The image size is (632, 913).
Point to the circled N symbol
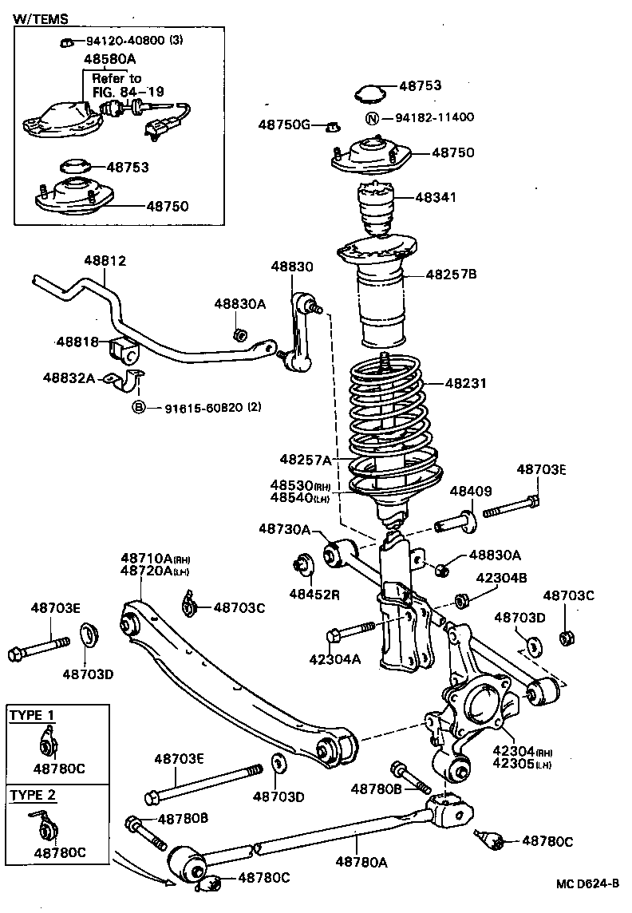coord(371,118)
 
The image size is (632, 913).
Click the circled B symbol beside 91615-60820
coord(138,408)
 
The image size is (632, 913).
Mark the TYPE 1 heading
coord(33,715)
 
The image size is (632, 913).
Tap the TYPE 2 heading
coord(33,795)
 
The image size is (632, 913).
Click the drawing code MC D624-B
coord(588,883)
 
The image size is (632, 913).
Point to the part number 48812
coord(105,261)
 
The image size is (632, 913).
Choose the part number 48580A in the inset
coord(110,59)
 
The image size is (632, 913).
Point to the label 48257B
coord(451,274)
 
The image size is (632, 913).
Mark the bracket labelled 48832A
coord(128,381)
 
